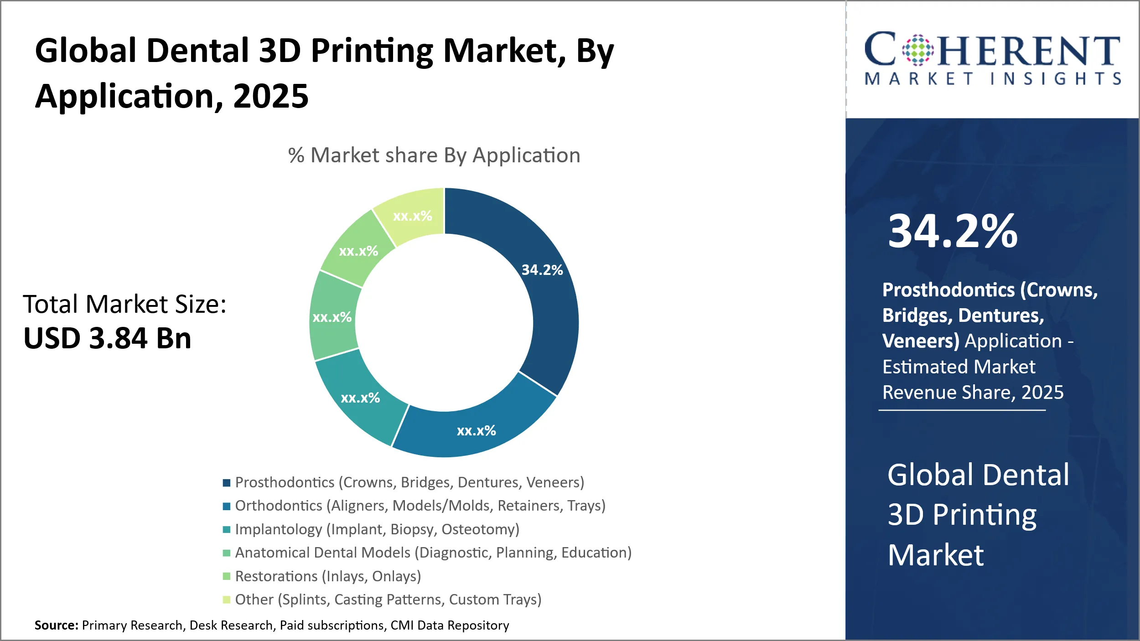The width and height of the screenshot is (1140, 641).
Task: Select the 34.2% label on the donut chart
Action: click(542, 270)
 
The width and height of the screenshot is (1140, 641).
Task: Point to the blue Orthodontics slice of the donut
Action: click(476, 430)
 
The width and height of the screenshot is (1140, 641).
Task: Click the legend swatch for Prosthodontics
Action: click(227, 483)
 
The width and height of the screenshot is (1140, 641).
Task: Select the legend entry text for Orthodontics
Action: click(420, 506)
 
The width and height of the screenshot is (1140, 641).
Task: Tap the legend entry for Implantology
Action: click(377, 529)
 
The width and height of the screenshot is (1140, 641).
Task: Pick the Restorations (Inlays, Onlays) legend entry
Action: click(328, 576)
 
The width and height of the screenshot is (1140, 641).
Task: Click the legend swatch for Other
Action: click(227, 600)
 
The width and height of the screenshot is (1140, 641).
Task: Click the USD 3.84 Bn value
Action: click(108, 338)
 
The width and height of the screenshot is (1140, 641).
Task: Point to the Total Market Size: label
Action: click(124, 304)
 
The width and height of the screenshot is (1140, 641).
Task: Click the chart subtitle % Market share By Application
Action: click(434, 155)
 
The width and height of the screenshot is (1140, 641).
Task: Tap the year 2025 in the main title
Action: click(271, 96)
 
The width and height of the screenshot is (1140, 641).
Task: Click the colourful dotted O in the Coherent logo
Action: click(918, 50)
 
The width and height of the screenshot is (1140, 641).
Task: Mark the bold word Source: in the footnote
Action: click(57, 625)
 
